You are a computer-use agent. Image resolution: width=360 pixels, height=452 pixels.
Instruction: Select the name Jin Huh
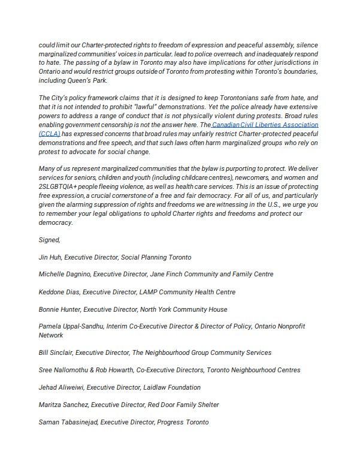pyautogui.click(x=49, y=257)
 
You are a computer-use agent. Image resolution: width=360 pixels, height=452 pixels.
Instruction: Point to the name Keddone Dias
pyautogui.click(x=58, y=292)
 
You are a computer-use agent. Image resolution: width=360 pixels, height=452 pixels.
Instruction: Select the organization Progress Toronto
pyautogui.click(x=183, y=422)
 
